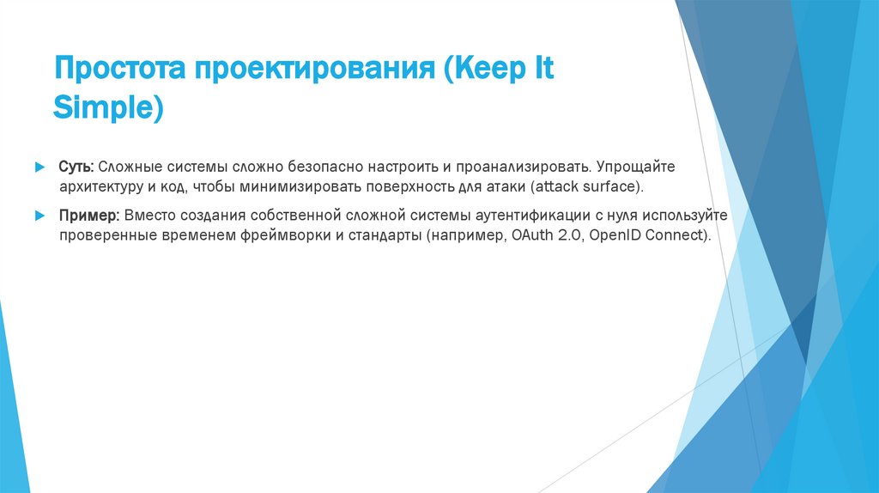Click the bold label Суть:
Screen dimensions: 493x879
pyautogui.click(x=76, y=165)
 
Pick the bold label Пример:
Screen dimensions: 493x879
pyautogui.click(x=88, y=215)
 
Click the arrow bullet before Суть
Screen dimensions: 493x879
pyautogui.click(x=39, y=165)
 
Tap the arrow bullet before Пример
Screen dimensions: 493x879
pyautogui.click(x=39, y=215)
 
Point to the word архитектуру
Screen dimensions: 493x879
pyautogui.click(x=101, y=186)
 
